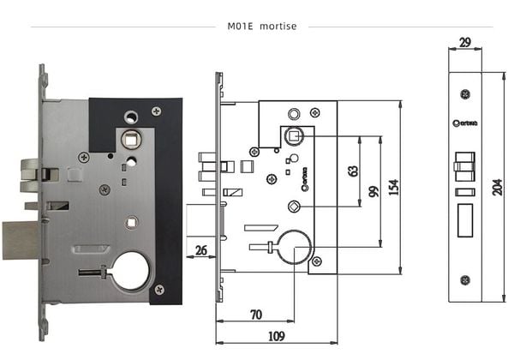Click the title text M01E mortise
point(262,26)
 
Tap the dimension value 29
point(465,42)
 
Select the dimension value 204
point(498,187)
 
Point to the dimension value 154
point(393,187)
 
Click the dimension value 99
point(373,190)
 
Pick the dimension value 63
point(352,170)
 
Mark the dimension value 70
point(255,315)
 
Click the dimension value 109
point(276,336)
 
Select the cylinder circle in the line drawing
point(294,249)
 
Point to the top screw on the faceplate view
point(465,93)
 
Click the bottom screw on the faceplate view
point(465,279)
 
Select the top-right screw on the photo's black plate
point(156,111)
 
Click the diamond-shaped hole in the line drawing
point(294,206)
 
